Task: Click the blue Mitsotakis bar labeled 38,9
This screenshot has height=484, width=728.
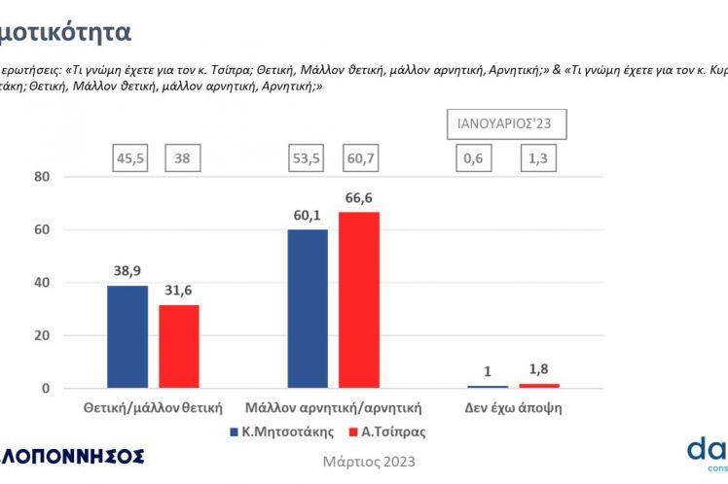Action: [127, 336]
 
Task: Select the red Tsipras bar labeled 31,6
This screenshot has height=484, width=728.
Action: [178, 346]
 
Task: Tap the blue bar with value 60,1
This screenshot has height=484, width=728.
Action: [307, 308]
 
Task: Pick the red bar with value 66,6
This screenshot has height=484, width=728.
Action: [358, 299]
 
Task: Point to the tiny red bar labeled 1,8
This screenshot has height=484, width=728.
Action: [539, 386]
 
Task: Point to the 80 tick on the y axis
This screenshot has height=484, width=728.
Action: [41, 177]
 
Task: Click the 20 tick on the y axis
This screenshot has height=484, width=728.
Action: [41, 336]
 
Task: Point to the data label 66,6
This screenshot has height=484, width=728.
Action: [358, 197]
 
